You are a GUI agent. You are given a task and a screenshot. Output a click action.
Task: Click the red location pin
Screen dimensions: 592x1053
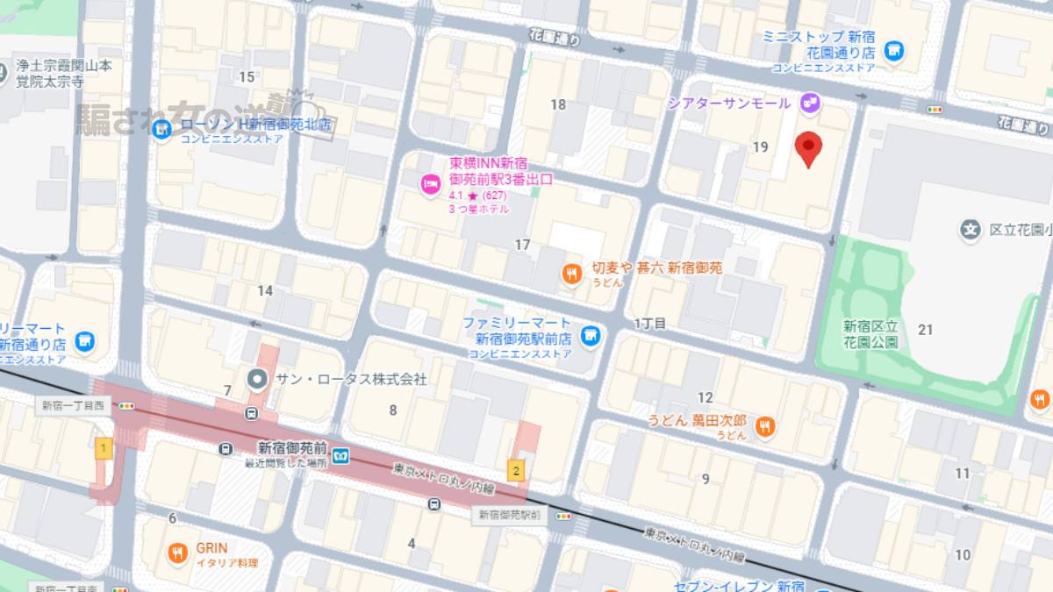pos(808,148)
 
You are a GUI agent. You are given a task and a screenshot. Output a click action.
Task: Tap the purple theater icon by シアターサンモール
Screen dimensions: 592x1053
pos(808,103)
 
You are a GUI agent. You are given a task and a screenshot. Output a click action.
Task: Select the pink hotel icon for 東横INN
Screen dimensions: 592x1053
pos(429,183)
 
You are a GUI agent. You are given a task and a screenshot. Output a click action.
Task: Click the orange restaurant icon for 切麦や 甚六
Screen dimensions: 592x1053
pos(572,275)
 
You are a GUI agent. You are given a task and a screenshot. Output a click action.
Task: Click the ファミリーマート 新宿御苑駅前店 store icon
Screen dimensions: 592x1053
pos(591,334)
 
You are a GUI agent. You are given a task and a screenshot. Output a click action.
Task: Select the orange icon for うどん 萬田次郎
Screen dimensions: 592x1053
pos(765,427)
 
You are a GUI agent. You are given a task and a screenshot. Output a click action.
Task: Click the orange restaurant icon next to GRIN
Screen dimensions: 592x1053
pos(177,553)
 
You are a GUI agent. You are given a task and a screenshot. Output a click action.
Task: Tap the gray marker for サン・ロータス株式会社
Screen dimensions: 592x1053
pos(257,380)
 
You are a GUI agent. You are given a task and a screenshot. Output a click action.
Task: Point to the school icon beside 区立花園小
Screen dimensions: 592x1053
pos(970,231)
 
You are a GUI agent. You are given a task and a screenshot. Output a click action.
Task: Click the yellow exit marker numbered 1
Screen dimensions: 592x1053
pos(104,449)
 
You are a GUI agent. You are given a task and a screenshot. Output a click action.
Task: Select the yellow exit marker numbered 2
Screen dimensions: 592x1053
pos(516,469)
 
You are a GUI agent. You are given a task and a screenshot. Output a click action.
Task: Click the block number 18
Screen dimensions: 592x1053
pos(558,104)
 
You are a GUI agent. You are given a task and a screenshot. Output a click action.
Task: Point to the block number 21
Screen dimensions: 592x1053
pos(925,329)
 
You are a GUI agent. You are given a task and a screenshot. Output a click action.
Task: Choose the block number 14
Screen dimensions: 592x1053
pos(265,290)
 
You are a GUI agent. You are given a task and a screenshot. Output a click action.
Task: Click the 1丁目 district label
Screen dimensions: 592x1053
pos(650,324)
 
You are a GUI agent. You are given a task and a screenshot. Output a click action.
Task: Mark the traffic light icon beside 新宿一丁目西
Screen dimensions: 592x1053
pos(127,406)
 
